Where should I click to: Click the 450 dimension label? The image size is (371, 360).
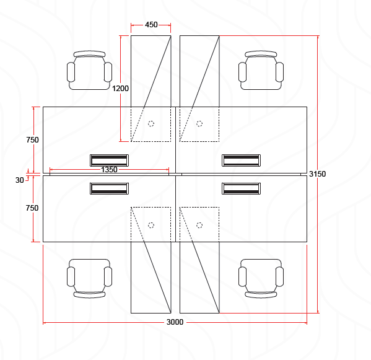(151, 25)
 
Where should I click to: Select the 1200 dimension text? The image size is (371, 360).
(120, 89)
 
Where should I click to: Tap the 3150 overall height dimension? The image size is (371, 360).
(317, 174)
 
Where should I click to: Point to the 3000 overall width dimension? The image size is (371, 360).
(175, 322)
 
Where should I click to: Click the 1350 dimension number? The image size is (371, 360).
(109, 170)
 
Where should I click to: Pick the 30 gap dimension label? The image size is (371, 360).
(19, 180)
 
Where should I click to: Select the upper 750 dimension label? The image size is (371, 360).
(32, 140)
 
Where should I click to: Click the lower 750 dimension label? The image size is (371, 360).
(32, 208)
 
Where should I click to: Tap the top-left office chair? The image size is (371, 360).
(89, 70)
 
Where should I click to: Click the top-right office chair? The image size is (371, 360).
(261, 70)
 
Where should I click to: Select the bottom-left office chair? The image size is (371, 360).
(89, 278)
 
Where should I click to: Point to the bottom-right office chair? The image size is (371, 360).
(261, 278)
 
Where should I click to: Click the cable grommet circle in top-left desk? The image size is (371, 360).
(151, 123)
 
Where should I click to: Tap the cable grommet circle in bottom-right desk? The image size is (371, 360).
(199, 225)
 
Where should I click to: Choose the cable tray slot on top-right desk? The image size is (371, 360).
(242, 160)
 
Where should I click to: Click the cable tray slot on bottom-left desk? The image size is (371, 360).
(109, 188)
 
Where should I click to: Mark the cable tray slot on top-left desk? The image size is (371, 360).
(109, 160)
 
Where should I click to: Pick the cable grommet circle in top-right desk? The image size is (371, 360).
(199, 123)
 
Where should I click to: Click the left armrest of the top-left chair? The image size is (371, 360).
(71, 72)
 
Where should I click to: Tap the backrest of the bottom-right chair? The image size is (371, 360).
(261, 295)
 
